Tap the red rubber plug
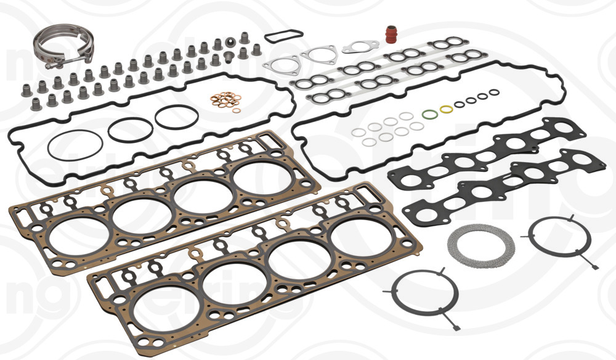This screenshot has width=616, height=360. point(391,33)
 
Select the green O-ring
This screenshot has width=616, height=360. point(429,114)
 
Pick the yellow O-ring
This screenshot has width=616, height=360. point(446,109)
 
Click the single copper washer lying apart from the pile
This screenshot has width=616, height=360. point(237,111)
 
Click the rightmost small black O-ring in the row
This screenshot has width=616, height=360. point(495,93)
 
